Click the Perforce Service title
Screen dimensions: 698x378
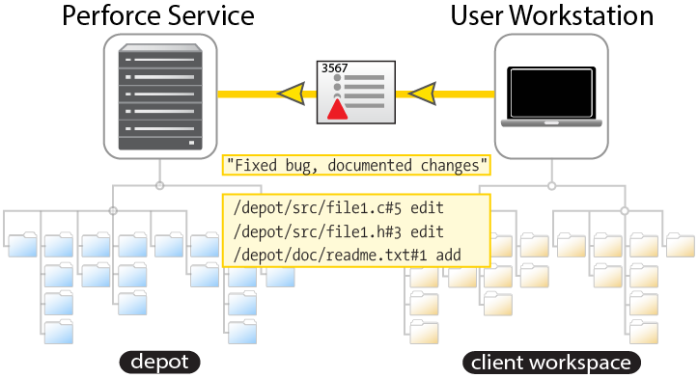(x=158, y=16)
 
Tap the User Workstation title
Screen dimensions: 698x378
(x=552, y=16)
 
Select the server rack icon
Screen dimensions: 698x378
(x=160, y=96)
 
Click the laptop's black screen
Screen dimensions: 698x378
(x=551, y=93)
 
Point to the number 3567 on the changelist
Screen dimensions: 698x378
(x=334, y=68)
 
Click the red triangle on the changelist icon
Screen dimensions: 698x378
(x=338, y=109)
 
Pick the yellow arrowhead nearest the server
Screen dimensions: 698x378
(x=292, y=94)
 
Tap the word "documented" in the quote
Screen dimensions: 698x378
(x=370, y=166)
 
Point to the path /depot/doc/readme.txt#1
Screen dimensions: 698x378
(x=330, y=256)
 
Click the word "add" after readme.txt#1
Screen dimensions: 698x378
(x=448, y=256)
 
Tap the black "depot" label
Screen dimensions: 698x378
(x=160, y=362)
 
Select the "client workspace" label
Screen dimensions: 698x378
(x=551, y=363)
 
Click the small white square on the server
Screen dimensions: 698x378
(x=192, y=143)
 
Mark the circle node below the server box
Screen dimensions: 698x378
(x=160, y=185)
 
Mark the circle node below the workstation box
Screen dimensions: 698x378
(x=551, y=186)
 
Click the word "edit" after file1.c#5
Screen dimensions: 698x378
(x=427, y=208)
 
